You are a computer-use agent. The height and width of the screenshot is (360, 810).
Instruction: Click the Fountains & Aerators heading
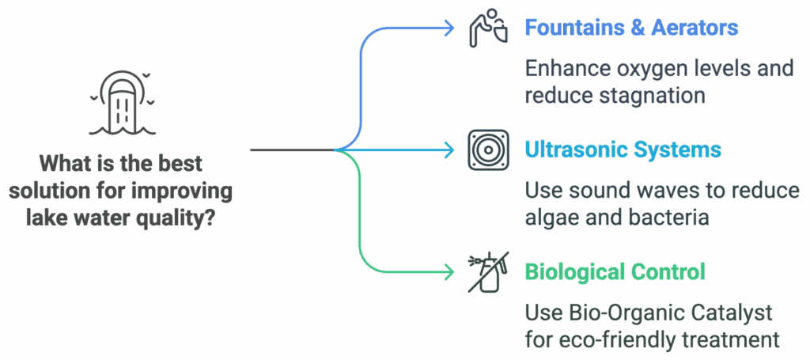pos(631,28)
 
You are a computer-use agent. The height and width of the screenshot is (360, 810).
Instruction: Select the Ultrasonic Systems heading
pos(623,150)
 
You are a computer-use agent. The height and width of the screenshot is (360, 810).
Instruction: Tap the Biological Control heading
pos(615,271)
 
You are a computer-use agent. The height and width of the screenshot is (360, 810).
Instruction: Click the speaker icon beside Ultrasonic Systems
pos(488,150)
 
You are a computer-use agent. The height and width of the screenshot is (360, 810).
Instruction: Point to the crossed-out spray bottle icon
pos(488,272)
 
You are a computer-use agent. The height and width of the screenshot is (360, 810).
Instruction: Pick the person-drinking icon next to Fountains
pos(488,28)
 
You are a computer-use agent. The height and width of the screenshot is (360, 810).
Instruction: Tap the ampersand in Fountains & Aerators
pos(638,28)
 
